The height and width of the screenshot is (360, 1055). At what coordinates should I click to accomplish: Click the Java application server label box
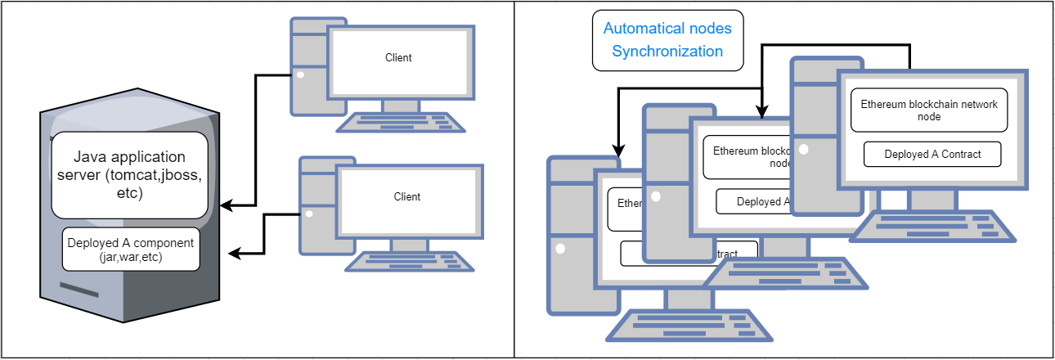[x=129, y=174]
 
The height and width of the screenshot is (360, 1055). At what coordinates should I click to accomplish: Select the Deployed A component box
[x=131, y=249]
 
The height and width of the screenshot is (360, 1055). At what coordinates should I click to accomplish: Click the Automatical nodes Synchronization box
[x=667, y=40]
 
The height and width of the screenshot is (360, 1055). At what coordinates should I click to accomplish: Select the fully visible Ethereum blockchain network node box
[x=928, y=110]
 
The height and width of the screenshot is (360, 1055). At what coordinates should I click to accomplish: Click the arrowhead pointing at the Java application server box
[x=227, y=206]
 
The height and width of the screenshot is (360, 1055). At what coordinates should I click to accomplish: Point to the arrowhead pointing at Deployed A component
[x=233, y=254]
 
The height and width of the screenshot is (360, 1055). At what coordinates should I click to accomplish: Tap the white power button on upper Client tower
[x=300, y=75]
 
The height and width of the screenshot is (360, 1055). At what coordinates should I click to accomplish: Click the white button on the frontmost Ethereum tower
[x=560, y=248]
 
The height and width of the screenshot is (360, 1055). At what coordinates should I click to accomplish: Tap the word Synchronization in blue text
[x=667, y=52]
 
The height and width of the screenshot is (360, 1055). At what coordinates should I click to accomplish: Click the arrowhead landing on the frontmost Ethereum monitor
[x=618, y=151]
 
